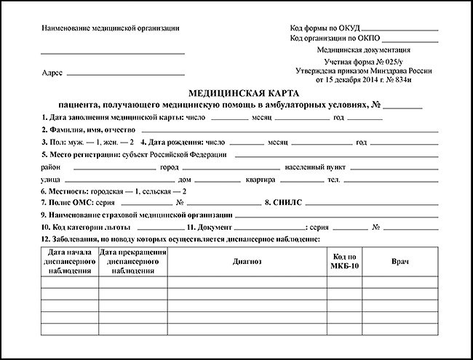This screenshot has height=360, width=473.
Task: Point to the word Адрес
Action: [x=52, y=74]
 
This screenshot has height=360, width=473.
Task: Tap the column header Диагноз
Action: [x=247, y=260]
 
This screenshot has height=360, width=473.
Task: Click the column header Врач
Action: [x=400, y=260]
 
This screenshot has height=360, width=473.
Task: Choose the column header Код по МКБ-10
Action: [x=344, y=260]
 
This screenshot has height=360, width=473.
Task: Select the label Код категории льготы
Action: [x=84, y=228]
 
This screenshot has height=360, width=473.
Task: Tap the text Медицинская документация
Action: [x=363, y=50]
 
